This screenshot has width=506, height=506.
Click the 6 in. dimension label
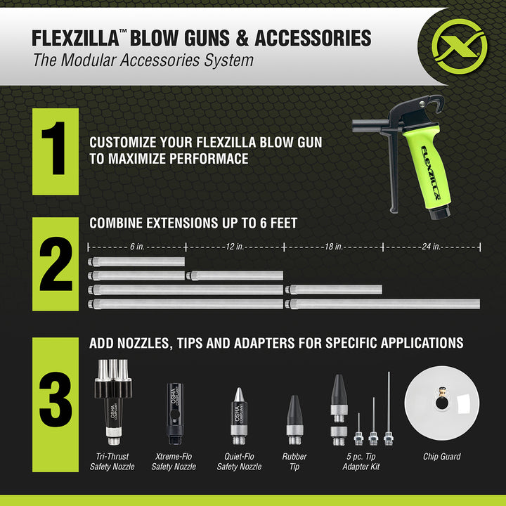pyautogui.click(x=137, y=247)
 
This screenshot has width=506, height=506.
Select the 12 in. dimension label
pyautogui.click(x=234, y=247)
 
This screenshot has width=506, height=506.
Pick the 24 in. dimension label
pyautogui.click(x=430, y=247)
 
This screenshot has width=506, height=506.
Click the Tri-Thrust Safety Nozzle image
pyautogui.click(x=114, y=405)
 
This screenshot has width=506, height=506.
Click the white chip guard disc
pyautogui.click(x=441, y=404)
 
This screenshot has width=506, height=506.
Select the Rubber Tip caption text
pyautogui.click(x=295, y=461)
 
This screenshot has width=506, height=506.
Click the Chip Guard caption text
pyautogui.click(x=441, y=457)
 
